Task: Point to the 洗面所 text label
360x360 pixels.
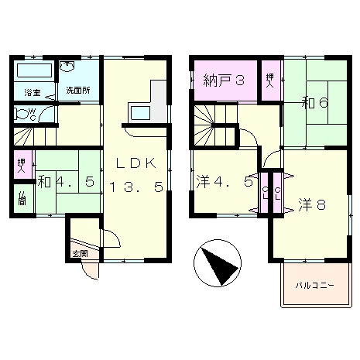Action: tap(77, 90)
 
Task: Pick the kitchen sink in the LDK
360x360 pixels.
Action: tap(140, 113)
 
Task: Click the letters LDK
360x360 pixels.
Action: tap(136, 163)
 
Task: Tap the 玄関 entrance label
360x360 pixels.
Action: tap(80, 253)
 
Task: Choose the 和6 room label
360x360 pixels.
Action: tap(314, 103)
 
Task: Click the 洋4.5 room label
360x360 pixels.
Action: tap(224, 183)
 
